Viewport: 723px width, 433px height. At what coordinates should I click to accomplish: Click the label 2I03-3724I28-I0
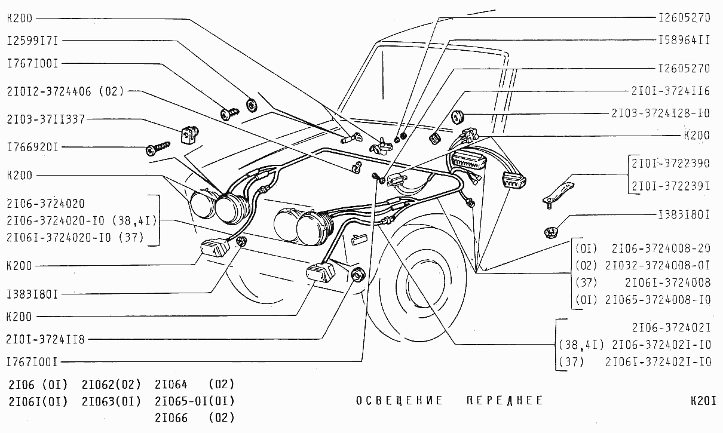click(x=661, y=113)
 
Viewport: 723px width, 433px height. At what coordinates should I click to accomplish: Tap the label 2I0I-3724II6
click(x=670, y=91)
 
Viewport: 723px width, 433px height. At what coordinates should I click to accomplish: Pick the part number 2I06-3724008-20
click(x=661, y=248)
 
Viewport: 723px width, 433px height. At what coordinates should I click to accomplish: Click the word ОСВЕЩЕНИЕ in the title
click(x=400, y=401)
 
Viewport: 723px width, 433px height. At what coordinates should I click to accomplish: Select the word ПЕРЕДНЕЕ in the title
click(x=505, y=401)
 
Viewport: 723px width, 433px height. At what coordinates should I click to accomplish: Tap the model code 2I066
click(x=171, y=417)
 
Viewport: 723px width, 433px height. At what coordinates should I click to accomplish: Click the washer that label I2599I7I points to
click(x=252, y=105)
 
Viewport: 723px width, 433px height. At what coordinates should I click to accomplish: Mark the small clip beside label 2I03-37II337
click(x=190, y=134)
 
